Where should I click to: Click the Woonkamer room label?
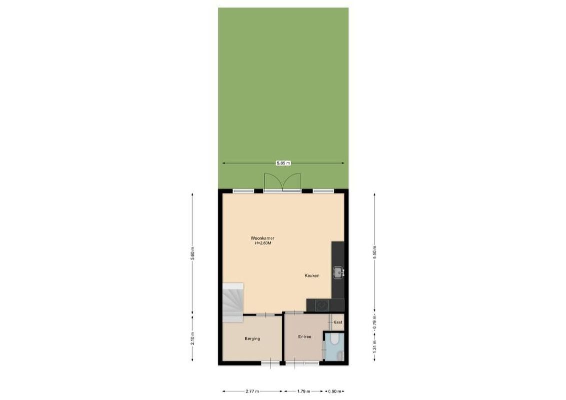tap(262, 238)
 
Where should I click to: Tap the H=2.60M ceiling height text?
tap(262, 244)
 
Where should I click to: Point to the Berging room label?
tap(252, 338)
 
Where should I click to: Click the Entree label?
tap(304, 336)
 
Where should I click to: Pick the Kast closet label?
tap(337, 322)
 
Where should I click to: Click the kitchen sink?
tap(338, 272)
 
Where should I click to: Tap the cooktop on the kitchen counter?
tap(319, 303)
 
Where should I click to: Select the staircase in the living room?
tap(233, 301)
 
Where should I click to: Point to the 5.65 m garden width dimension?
tap(283, 163)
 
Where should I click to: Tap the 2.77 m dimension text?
tap(252, 391)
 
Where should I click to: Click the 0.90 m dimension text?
tap(334, 391)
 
